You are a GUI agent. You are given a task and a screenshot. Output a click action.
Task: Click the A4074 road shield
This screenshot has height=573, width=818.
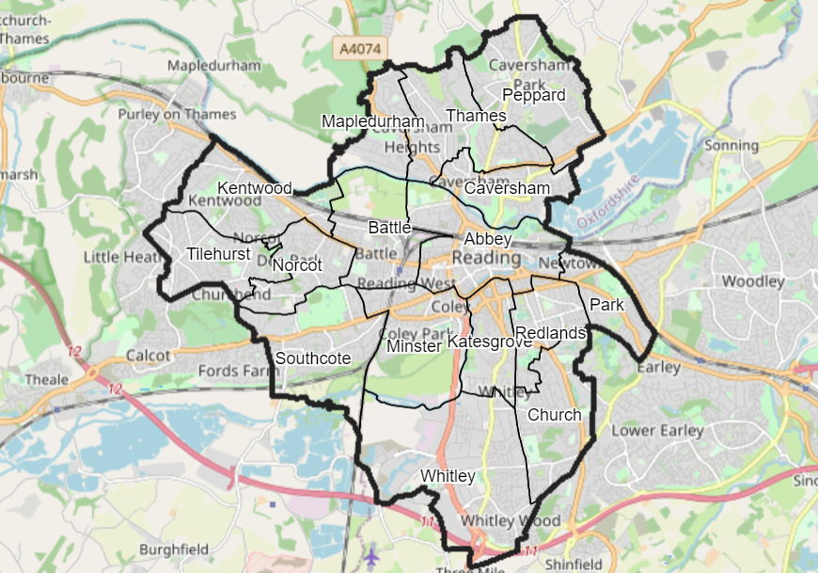(x=355, y=46)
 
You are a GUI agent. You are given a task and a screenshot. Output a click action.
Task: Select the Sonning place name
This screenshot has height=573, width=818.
(x=731, y=145)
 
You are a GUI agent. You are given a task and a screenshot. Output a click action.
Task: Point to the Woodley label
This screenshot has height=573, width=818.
(x=752, y=281)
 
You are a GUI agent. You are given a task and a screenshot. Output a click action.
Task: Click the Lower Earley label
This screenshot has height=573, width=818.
(x=657, y=431)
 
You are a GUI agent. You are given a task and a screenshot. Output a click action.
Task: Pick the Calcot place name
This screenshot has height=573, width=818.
(x=149, y=356)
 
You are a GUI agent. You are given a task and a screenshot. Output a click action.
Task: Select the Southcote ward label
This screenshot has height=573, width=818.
(x=313, y=358)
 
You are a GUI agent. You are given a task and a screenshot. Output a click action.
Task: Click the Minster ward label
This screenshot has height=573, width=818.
(x=414, y=346)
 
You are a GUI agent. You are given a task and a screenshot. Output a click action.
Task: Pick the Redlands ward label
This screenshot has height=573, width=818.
(x=551, y=333)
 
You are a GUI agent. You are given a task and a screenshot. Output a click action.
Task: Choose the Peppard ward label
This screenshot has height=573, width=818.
(x=534, y=95)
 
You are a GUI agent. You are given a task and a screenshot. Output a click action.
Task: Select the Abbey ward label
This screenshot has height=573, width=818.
(x=487, y=240)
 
